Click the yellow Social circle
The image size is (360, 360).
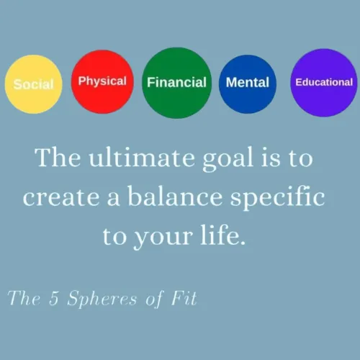[34, 84]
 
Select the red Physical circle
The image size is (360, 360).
[102, 81]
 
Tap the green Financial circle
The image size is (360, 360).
[176, 83]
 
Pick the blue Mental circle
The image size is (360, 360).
[248, 84]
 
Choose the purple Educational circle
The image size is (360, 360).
[324, 83]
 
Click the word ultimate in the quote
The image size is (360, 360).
[142, 158]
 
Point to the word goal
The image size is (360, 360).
[228, 159]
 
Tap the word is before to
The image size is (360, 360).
[271, 158]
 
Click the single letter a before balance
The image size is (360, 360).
[113, 199]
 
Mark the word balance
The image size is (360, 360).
[175, 196]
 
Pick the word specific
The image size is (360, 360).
[278, 198]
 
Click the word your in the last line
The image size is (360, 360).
[164, 238]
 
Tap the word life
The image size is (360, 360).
[223, 235]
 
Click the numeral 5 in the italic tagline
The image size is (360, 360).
[54, 298]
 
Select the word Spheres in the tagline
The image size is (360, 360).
[102, 299]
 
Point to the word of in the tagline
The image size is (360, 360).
[155, 299]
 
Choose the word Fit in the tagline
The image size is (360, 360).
[184, 298]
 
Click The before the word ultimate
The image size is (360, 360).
[58, 157]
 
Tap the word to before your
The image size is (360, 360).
[114, 236]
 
